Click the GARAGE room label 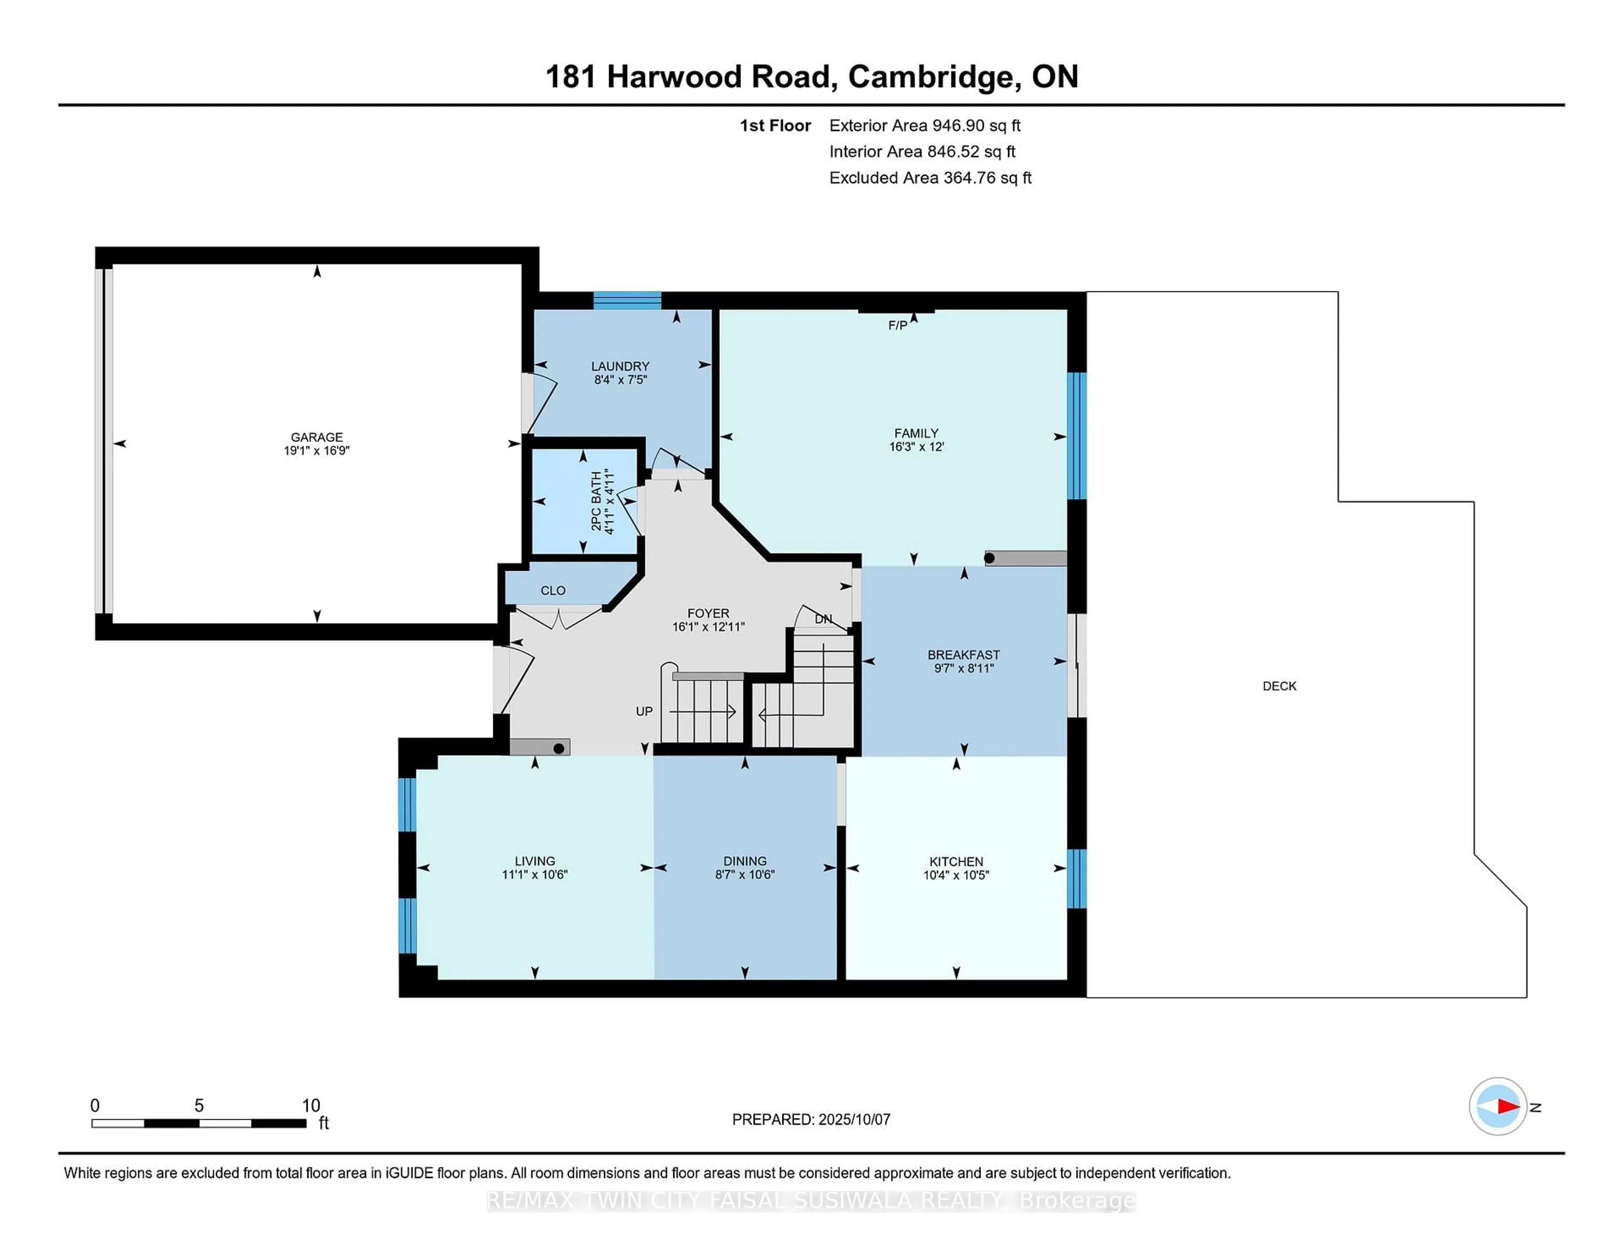317,437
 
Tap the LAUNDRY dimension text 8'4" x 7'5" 620,380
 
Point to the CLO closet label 553,590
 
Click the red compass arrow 1508,1106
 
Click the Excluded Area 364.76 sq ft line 930,178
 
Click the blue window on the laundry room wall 627,300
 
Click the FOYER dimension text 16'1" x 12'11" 708,627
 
